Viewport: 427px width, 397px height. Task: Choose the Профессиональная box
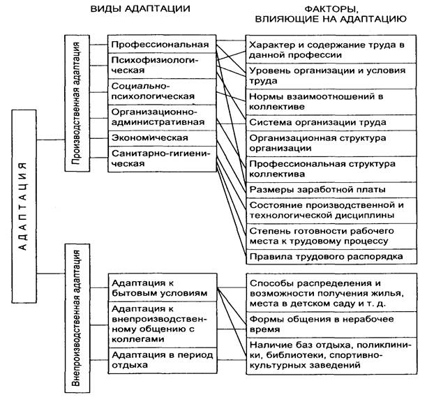[160, 45]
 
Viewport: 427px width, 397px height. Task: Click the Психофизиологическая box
[160, 66]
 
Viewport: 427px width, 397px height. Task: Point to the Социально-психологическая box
[160, 91]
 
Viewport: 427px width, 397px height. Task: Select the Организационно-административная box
[160, 116]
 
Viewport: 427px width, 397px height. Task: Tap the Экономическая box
[160, 137]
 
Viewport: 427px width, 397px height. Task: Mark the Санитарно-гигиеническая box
[160, 158]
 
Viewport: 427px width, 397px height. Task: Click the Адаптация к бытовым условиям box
[160, 288]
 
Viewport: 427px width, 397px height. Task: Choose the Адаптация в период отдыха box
[160, 359]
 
